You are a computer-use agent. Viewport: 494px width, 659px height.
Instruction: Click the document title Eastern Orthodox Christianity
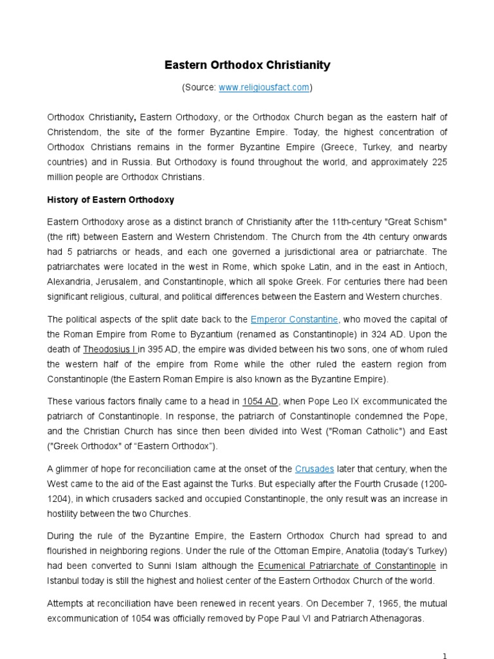click(247, 65)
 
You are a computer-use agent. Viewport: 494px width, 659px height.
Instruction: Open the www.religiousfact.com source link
click(264, 88)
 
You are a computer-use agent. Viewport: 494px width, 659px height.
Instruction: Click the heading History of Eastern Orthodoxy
click(111, 200)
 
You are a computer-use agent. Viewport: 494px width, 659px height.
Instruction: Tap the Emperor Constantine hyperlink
click(295, 319)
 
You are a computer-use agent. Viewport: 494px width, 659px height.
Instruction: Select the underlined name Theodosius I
click(109, 349)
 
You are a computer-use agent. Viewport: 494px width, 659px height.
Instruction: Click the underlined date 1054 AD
click(261, 401)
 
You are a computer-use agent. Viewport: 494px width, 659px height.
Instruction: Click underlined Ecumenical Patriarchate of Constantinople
click(347, 566)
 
